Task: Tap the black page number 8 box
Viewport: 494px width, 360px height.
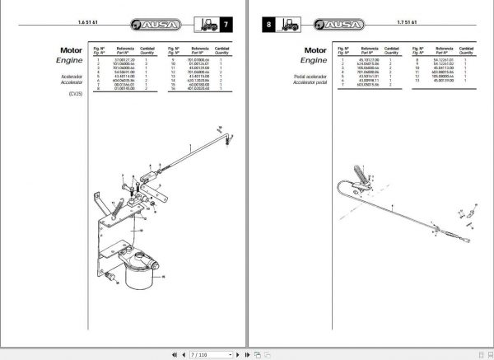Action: (x=267, y=26)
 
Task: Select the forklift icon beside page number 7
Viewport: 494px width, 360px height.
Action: (x=204, y=26)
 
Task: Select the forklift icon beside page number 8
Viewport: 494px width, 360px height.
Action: (x=290, y=26)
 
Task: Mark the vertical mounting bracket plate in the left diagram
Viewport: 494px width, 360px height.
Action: (x=105, y=222)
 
